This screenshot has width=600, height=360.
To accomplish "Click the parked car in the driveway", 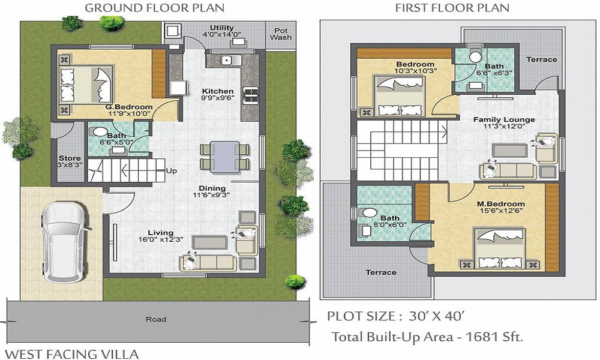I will point(64,245).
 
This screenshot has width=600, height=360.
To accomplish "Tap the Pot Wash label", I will point(280,34).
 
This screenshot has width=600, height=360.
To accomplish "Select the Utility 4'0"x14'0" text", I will point(221,32).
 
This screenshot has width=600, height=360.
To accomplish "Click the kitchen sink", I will point(227,60).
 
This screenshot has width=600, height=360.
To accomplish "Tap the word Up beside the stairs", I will point(172,171).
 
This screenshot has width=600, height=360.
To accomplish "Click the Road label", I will point(155,319).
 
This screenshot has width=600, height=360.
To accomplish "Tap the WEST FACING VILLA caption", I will point(72,353).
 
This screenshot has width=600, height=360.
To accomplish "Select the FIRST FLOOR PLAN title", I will point(452,8).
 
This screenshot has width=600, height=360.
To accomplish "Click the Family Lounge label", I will point(503,123).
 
